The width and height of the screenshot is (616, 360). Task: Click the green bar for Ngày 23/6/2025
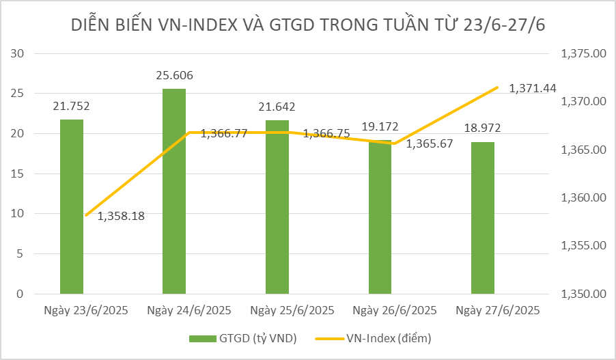tap(72, 207)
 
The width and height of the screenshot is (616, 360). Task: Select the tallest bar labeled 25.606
tap(174, 191)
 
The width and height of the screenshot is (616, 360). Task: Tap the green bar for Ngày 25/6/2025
tap(277, 207)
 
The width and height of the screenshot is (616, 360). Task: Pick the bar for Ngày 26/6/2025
tap(380, 217)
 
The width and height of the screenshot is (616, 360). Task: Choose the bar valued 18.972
tap(483, 218)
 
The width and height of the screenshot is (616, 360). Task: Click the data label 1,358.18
tap(126, 216)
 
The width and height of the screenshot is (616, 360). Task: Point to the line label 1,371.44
tap(532, 88)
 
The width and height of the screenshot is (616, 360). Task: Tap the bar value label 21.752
tap(71, 106)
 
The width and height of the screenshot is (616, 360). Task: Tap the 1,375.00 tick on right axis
tap(583, 53)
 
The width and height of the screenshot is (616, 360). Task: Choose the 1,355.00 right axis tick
tap(583, 246)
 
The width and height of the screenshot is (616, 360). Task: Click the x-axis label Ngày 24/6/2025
tap(189, 310)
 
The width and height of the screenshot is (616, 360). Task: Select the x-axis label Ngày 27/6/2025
tap(498, 310)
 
